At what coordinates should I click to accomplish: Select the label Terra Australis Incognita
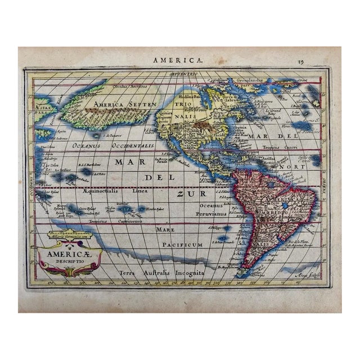[x=161, y=273]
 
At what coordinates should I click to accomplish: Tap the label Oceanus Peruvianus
[x=210, y=209]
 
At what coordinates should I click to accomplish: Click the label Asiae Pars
[x=44, y=108]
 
